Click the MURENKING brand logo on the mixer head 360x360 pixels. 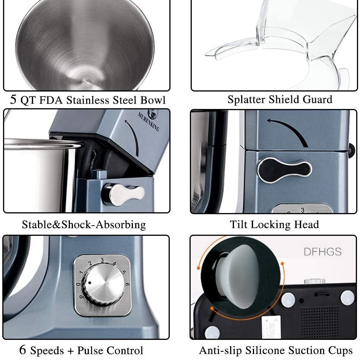(x=148, y=121)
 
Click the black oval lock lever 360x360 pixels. (x=284, y=170)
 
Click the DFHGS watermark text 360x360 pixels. (x=322, y=251)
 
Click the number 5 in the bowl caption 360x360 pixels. (x=13, y=100)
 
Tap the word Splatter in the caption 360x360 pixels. (x=246, y=99)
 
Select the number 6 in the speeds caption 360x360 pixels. (x=23, y=350)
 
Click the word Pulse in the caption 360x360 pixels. (x=88, y=350)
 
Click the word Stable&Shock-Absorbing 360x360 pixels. (x=84, y=224)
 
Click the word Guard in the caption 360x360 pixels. (x=317, y=99)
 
